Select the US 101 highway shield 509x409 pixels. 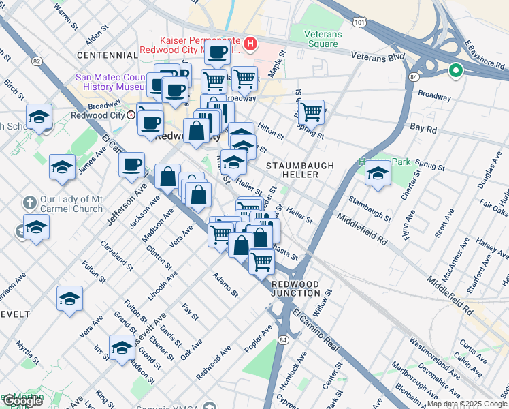click(x=359, y=22)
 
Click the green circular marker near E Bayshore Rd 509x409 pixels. click(x=455, y=70)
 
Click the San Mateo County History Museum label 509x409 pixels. click(x=112, y=82)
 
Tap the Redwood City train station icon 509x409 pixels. click(x=131, y=115)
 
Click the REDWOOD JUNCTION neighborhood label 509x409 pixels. click(x=295, y=288)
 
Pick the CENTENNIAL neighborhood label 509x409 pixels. click(x=107, y=55)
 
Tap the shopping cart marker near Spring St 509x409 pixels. click(x=311, y=111)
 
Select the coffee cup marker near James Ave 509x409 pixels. click(x=131, y=164)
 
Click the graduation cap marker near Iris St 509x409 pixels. click(x=122, y=349)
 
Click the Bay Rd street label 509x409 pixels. click(x=423, y=127)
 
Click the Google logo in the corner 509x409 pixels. click(x=22, y=401)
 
